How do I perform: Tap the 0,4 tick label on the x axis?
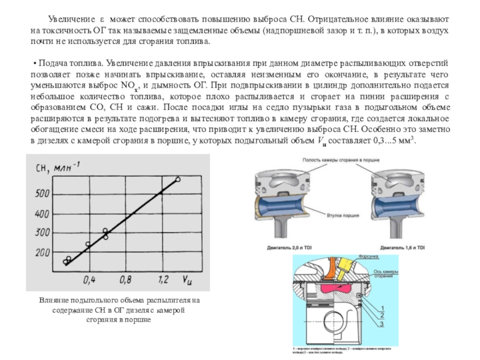[x=89, y=279]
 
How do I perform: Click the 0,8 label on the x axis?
[x=125, y=279]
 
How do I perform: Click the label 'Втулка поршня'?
[x=343, y=214]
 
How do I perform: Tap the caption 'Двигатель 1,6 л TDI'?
[x=403, y=247]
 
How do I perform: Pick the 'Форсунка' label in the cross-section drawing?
[x=370, y=257]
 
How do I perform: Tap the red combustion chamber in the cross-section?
[x=338, y=287]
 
